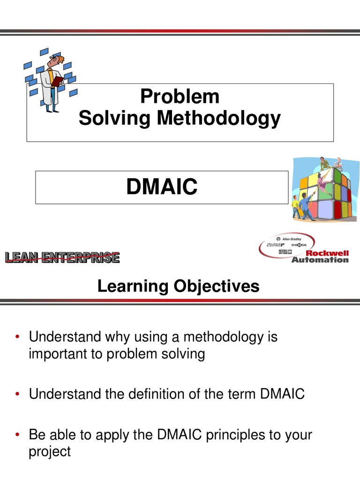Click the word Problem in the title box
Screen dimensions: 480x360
tap(180, 97)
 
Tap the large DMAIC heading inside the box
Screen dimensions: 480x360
tap(162, 187)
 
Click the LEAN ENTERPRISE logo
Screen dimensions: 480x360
tap(62, 257)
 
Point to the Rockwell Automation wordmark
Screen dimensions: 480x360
tap(320, 256)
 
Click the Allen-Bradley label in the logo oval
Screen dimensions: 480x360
tap(292, 239)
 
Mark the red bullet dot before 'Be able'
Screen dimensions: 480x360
tap(17, 435)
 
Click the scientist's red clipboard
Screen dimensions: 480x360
tap(57, 81)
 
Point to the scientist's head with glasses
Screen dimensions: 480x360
tap(56, 60)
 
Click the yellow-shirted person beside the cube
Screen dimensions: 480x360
tap(295, 207)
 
